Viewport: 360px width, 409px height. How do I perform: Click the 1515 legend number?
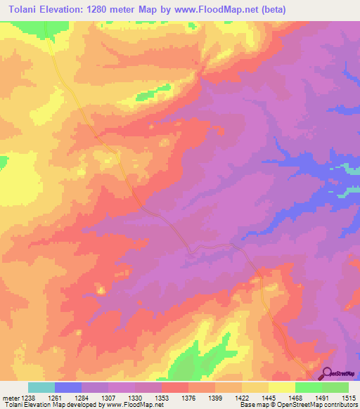point(349,398)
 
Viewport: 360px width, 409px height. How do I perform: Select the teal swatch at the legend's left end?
point(41,387)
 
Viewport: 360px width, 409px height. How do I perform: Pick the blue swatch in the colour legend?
point(68,387)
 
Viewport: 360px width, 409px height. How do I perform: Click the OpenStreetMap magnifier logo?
point(327,373)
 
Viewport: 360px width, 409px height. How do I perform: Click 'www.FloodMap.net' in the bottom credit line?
point(131,405)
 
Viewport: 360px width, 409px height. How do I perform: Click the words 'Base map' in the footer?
point(252,405)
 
